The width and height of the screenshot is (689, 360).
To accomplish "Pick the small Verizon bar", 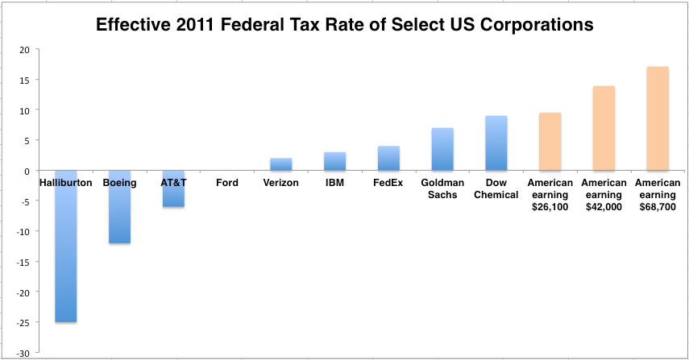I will [280, 164].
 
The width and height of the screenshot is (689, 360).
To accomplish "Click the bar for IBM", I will [334, 161].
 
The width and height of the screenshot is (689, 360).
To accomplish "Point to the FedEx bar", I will [388, 159].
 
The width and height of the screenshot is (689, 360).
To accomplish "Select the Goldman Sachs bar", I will [442, 149].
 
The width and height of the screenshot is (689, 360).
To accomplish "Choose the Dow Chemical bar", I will [496, 143].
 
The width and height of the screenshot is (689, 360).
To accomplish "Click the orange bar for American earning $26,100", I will [550, 142].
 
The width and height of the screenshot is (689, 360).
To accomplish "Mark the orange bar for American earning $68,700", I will [658, 118].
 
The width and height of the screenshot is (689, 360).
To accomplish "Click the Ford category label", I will [227, 183].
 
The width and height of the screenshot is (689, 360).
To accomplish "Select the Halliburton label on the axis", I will [65, 183].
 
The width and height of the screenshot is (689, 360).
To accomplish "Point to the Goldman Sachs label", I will [442, 189].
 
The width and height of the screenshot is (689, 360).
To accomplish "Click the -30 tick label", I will [27, 354].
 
